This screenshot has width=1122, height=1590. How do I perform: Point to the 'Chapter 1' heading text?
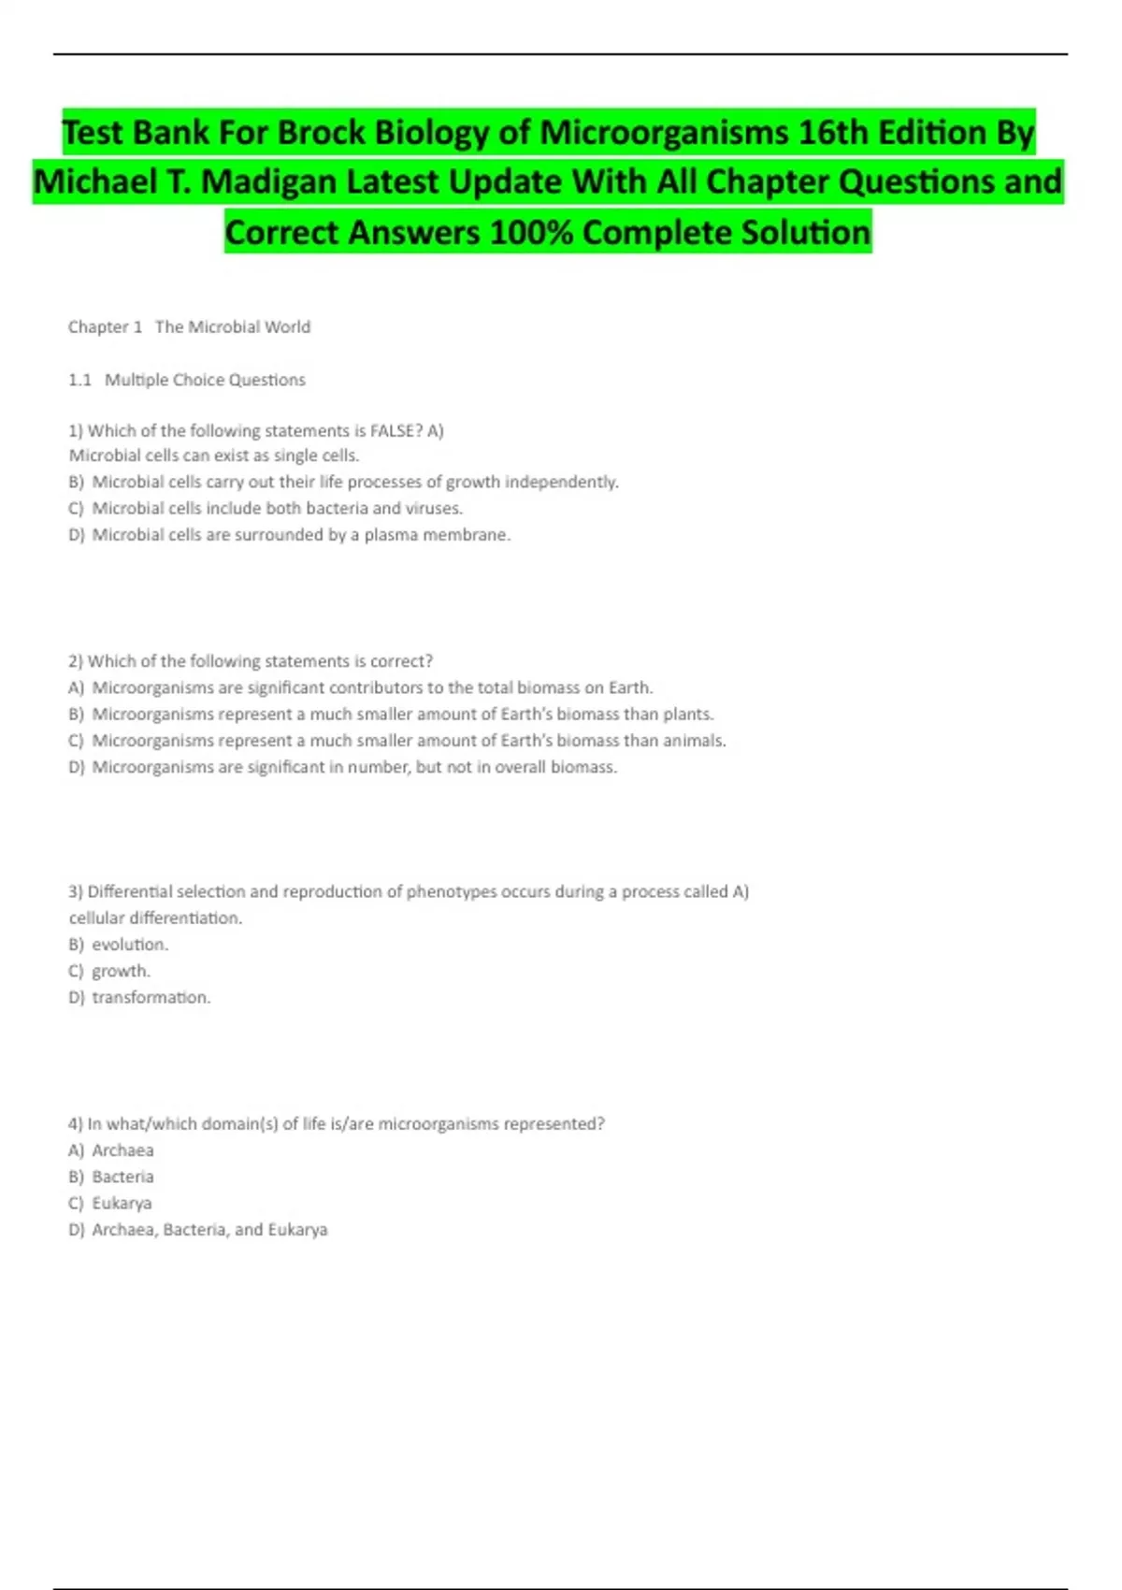(105, 327)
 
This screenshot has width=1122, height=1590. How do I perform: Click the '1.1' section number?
(79, 380)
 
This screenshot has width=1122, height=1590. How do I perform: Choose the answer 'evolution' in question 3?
(129, 945)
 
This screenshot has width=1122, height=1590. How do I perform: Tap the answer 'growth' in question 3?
(120, 971)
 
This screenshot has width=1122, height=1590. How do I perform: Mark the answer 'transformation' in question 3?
(150, 997)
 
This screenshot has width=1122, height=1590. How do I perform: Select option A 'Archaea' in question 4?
(122, 1150)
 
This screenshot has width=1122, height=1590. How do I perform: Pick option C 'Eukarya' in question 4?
(122, 1203)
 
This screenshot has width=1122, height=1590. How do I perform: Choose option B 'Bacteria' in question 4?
(122, 1177)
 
